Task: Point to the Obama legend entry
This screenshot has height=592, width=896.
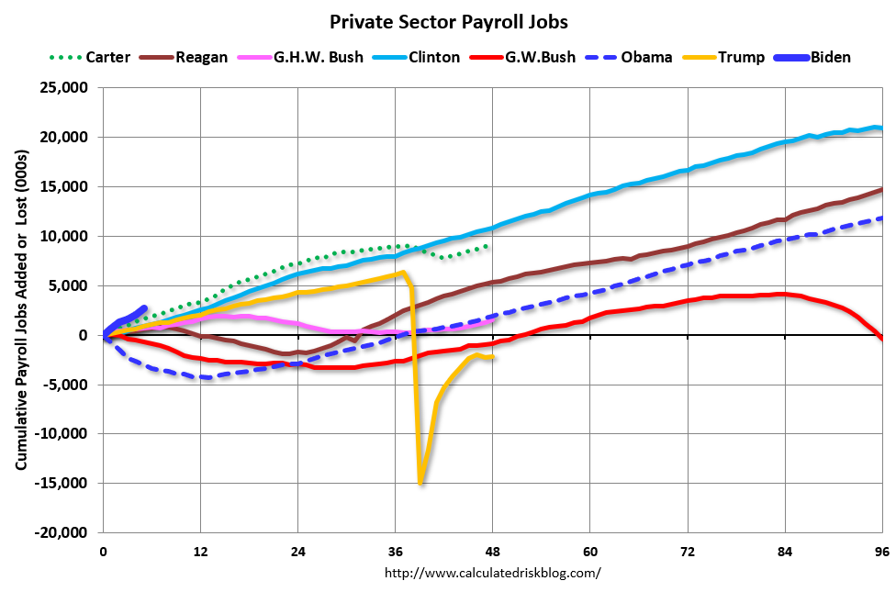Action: pyautogui.click(x=645, y=57)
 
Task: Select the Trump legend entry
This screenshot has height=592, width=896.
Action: pyautogui.click(x=741, y=57)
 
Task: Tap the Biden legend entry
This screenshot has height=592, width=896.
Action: pyautogui.click(x=830, y=57)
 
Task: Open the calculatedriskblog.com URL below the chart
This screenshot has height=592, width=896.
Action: pyautogui.click(x=492, y=573)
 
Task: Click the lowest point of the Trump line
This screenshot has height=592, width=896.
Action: pyautogui.click(x=420, y=484)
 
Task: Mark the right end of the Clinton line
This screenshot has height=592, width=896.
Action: pyautogui.click(x=880, y=128)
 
